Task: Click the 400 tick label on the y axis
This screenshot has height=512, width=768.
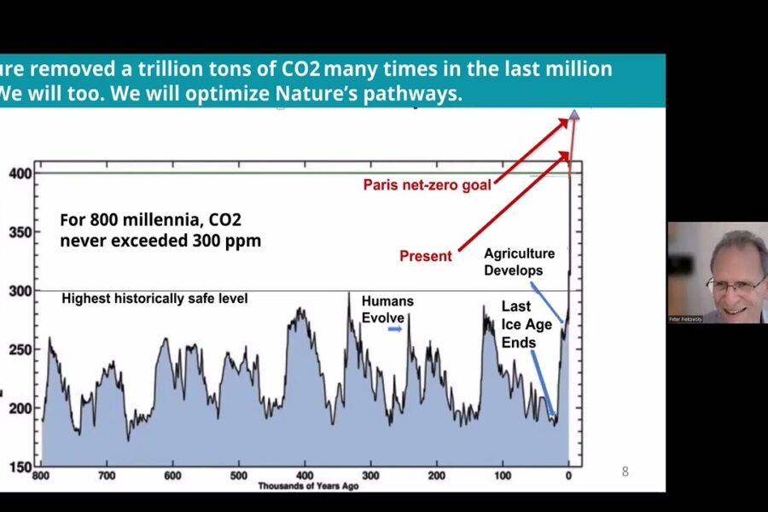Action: point(20,173)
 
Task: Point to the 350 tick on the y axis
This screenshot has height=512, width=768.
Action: point(20,232)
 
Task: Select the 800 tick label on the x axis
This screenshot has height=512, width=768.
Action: point(40,475)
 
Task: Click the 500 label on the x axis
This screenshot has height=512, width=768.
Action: point(238,475)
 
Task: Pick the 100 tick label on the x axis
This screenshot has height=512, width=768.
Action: point(502,475)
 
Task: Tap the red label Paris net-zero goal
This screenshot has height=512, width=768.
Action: point(427,184)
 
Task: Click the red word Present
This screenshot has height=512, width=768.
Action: point(426,256)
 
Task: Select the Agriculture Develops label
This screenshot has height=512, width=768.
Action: point(519,262)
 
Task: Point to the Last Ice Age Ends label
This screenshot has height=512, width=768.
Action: point(518,324)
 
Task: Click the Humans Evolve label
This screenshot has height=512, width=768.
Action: point(387,309)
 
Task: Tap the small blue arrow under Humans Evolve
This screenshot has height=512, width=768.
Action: point(394,328)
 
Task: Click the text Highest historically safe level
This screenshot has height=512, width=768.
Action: point(154,299)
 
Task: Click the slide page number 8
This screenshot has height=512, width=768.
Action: point(625,471)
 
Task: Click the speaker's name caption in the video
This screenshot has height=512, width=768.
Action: point(685,319)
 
